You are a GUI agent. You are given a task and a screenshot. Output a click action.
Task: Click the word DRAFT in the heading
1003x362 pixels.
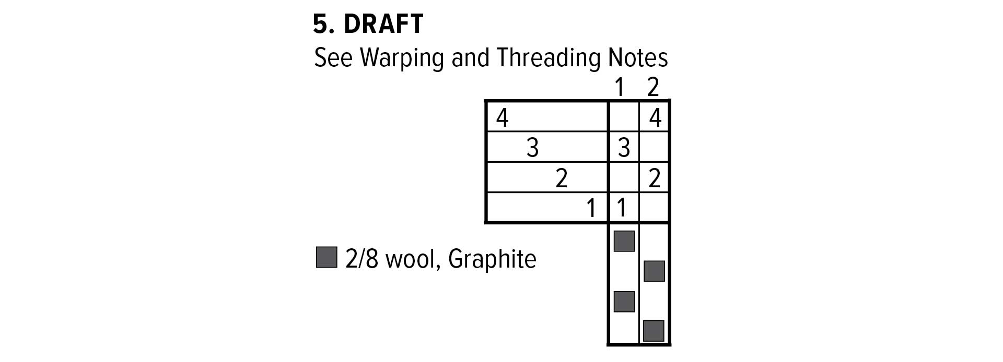coord(383,24)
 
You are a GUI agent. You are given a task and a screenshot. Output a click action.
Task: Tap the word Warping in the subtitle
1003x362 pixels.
coord(402,58)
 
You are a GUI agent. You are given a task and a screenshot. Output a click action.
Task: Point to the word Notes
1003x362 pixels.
coord(638,57)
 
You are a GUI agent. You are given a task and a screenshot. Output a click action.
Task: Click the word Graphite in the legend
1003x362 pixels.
coord(492,259)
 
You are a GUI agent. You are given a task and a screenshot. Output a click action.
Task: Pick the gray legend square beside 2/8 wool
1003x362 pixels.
coord(326,258)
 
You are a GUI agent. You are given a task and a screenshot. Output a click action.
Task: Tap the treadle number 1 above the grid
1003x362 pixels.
coord(620,87)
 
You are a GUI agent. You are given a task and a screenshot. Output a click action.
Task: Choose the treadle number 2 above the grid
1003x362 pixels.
coord(653,87)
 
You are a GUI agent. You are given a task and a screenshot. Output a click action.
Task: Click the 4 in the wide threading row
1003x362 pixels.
coord(502,118)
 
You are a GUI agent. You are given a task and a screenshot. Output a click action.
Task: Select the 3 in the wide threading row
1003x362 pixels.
coord(532,148)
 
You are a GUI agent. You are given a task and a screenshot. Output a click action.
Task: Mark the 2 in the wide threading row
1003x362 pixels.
coord(562,178)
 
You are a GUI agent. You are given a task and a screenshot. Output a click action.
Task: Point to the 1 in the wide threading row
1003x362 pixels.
coord(591,208)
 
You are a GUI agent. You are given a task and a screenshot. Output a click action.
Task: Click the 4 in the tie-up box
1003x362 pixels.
coord(656,118)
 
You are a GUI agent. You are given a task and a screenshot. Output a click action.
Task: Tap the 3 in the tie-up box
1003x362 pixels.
coord(624,148)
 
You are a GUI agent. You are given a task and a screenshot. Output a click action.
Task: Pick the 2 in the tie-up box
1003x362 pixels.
coord(655,178)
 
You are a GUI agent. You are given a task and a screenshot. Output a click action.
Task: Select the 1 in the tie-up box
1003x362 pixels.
coord(622,208)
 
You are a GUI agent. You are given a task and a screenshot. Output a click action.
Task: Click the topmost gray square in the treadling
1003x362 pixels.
coord(624,241)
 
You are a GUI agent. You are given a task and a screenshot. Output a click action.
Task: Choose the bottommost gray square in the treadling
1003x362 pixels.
coord(654,331)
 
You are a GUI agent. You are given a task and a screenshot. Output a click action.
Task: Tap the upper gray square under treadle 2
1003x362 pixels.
coord(654,271)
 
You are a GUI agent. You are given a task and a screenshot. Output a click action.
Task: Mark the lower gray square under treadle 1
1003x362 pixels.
coord(624,301)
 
